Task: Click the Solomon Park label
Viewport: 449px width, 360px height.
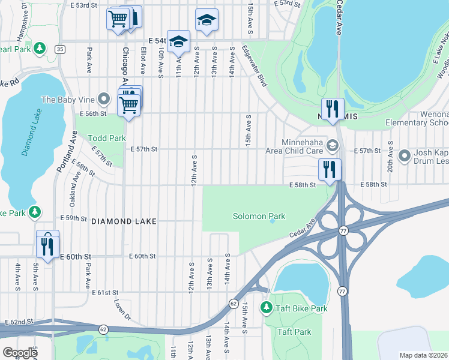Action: coord(259,216)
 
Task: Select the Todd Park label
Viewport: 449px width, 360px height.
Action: coord(107,138)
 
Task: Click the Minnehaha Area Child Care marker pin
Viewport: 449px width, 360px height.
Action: coord(333,146)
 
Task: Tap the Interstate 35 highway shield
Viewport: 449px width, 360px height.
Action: coord(59,49)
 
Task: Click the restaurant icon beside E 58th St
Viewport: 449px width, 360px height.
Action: coord(330,169)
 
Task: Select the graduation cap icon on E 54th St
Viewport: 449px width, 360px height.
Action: coord(178,41)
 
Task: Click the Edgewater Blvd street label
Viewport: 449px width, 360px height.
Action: coord(255,66)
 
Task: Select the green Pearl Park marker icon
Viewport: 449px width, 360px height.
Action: coord(40,48)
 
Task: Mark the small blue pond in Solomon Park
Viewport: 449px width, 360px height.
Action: coord(272,220)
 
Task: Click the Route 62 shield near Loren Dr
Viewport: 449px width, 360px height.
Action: coord(103,329)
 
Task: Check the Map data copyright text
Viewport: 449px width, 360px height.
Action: coord(423,355)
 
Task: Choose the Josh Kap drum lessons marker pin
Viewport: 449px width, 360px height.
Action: coord(405,157)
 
